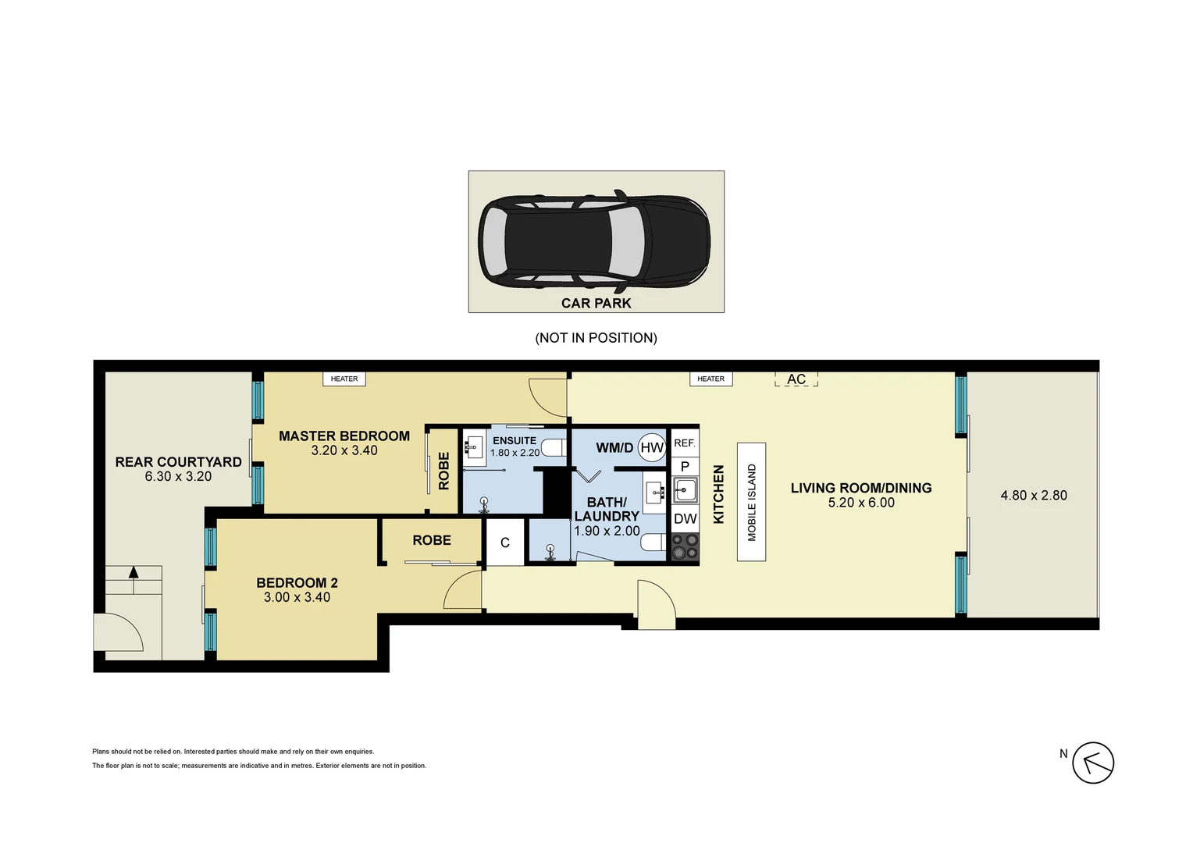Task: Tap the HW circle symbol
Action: [x=652, y=447]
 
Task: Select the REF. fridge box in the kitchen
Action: [x=685, y=443]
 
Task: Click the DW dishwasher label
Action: [x=685, y=519]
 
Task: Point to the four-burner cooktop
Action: [x=685, y=546]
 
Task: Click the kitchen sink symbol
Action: [x=685, y=490]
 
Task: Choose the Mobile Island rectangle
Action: [x=752, y=502]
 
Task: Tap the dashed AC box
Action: [x=796, y=379]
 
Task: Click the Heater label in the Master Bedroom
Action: [x=344, y=379]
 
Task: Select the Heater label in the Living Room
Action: [x=711, y=379]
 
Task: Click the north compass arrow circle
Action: [x=1093, y=763]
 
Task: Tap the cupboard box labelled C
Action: [x=505, y=542]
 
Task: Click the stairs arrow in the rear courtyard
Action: [x=134, y=580]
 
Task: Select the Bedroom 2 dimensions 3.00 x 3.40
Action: [x=297, y=597]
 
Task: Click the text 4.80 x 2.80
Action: [x=1034, y=495]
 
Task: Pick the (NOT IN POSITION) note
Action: [x=596, y=338]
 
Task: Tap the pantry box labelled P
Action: [x=685, y=467]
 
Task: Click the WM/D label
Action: [x=614, y=448]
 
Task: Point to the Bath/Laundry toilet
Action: [x=653, y=542]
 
